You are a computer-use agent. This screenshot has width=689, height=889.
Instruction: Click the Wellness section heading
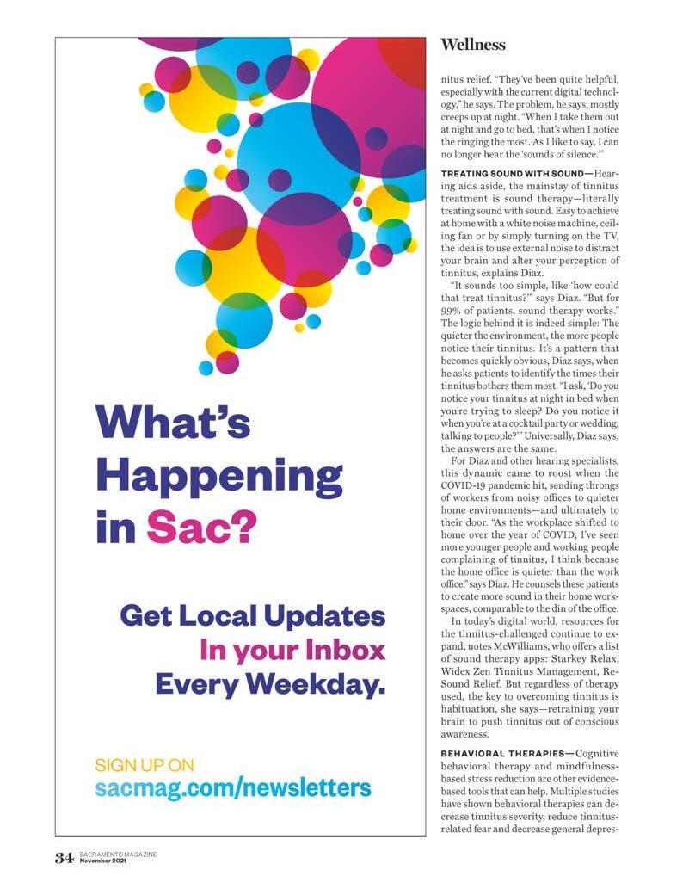(x=472, y=45)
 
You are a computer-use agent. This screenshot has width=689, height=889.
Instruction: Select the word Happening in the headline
(x=219, y=476)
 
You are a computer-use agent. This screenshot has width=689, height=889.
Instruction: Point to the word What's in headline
(x=173, y=423)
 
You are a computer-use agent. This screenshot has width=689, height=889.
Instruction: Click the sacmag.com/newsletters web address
(x=232, y=787)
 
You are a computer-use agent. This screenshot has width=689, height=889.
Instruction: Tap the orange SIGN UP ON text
(x=144, y=764)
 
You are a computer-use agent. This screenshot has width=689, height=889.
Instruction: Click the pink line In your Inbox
(x=292, y=650)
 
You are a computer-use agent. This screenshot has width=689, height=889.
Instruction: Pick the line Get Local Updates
(x=252, y=616)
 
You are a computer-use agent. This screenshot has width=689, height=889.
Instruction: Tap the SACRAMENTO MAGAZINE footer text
(x=117, y=855)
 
